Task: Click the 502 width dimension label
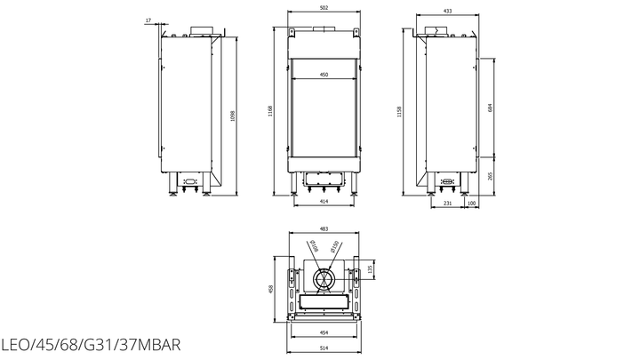324,7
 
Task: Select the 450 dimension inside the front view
324,75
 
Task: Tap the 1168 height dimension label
270,111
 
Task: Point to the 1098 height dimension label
233,116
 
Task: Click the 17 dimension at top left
148,20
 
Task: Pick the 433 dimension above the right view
448,11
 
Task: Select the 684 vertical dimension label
490,108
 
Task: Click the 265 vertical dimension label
490,176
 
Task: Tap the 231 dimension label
448,204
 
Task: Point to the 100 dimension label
471,204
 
